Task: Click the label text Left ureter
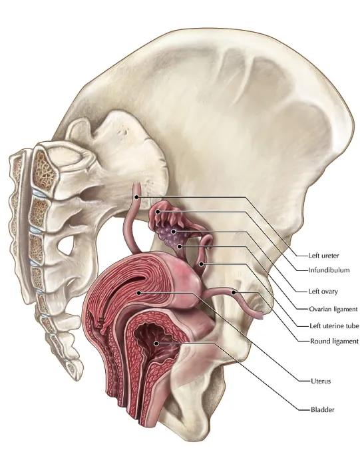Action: click(323, 255)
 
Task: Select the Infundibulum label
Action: click(329, 270)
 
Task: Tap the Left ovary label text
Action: click(323, 292)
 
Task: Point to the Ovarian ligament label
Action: click(333, 309)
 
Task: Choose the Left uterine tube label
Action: click(334, 326)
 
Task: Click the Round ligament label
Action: click(334, 341)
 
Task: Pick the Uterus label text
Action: click(321, 381)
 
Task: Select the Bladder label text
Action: click(322, 410)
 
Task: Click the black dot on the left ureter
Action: click(136, 197)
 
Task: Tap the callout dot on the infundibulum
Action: click(158, 212)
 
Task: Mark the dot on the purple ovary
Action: click(174, 231)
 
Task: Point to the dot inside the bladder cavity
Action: click(156, 344)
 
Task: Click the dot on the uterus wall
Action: click(138, 293)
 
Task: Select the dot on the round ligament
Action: click(234, 292)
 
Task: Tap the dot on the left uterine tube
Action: click(202, 264)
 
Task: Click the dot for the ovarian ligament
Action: click(180, 246)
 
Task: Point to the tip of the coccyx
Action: click(75, 377)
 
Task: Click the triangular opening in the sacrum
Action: click(65, 245)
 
